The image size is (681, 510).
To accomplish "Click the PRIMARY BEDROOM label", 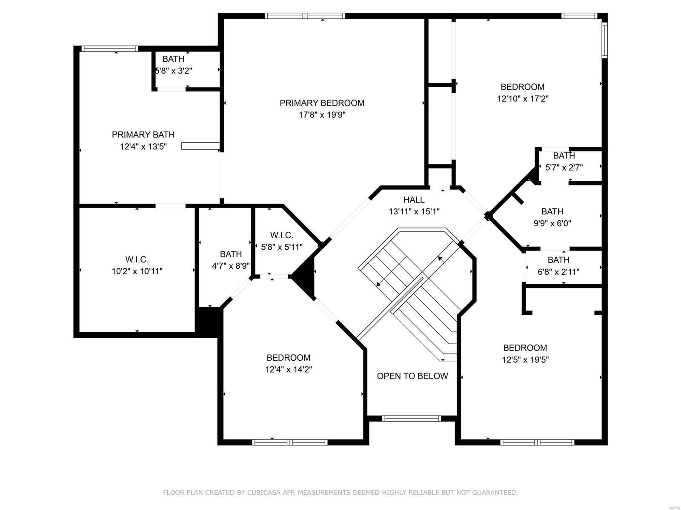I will pyautogui.click(x=322, y=103).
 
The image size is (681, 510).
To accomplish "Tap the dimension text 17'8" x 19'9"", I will pyautogui.click(x=322, y=115).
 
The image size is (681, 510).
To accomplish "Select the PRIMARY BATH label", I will pyautogui.click(x=143, y=135).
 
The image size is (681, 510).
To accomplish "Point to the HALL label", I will pyautogui.click(x=414, y=199).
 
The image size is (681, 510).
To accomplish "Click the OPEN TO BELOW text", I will pyautogui.click(x=412, y=376).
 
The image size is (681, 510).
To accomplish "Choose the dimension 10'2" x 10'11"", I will pyautogui.click(x=137, y=271).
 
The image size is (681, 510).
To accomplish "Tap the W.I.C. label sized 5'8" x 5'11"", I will pyautogui.click(x=281, y=235).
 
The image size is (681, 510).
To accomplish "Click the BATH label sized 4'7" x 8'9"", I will pyautogui.click(x=231, y=254).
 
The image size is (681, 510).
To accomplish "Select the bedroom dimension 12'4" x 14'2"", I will pyautogui.click(x=289, y=370).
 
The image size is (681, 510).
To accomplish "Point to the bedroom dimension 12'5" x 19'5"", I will pyautogui.click(x=525, y=360).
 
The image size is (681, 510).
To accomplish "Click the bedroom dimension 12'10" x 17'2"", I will pyautogui.click(x=523, y=99).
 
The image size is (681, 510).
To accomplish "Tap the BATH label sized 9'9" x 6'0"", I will pyautogui.click(x=552, y=211).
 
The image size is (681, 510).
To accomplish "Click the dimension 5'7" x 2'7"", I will pyautogui.click(x=564, y=168).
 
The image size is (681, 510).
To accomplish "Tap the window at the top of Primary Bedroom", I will pyautogui.click(x=305, y=16).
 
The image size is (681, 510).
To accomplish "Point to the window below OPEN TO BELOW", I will pyautogui.click(x=412, y=419).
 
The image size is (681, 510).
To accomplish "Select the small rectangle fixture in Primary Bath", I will pyautogui.click(x=200, y=146).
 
